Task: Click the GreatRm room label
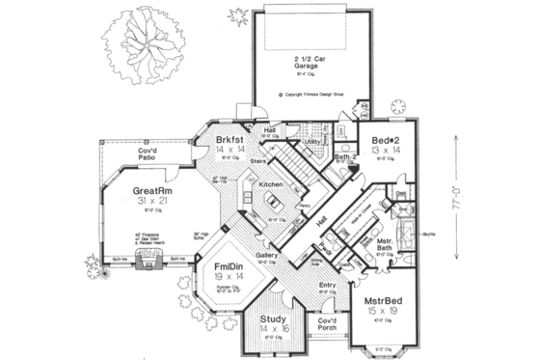pos(151,192)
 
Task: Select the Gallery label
pos(268,256)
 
